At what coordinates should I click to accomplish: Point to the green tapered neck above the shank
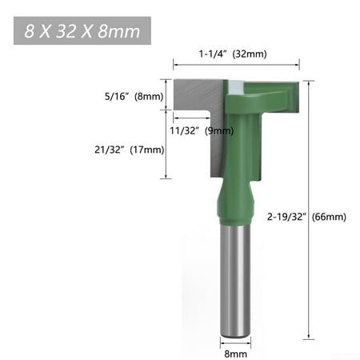[x=235, y=204]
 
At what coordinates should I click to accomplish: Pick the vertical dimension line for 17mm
[x=166, y=144]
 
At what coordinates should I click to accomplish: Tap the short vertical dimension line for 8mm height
[x=166, y=94]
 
